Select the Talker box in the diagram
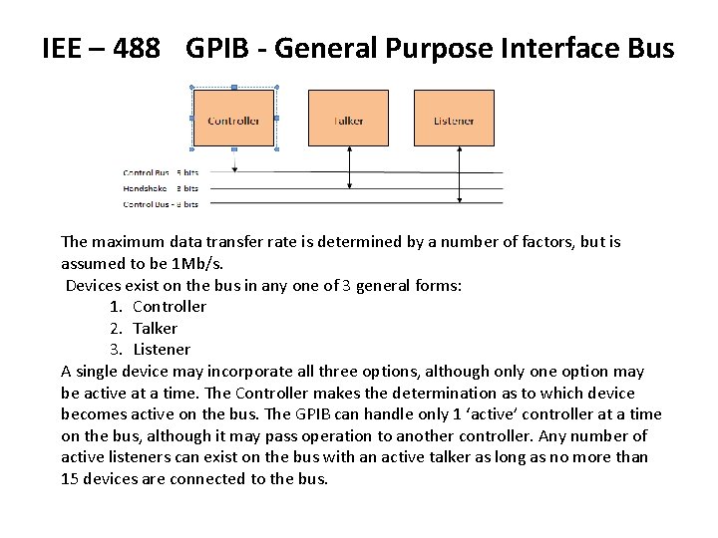(x=348, y=120)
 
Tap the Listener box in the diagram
(x=454, y=120)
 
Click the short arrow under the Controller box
(x=233, y=156)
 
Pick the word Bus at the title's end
(x=649, y=48)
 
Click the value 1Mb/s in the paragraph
(x=196, y=263)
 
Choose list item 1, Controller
(x=169, y=307)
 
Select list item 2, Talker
(x=155, y=328)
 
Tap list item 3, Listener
(x=161, y=350)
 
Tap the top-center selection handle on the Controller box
(x=233, y=87)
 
